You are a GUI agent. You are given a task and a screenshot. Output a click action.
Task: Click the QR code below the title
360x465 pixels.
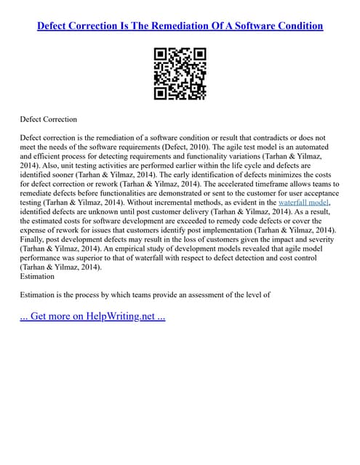pos(180,74)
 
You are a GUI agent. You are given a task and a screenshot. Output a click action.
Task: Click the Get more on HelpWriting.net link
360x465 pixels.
pos(93,317)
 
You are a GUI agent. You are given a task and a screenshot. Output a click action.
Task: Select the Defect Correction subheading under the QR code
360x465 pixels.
pos(49,118)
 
